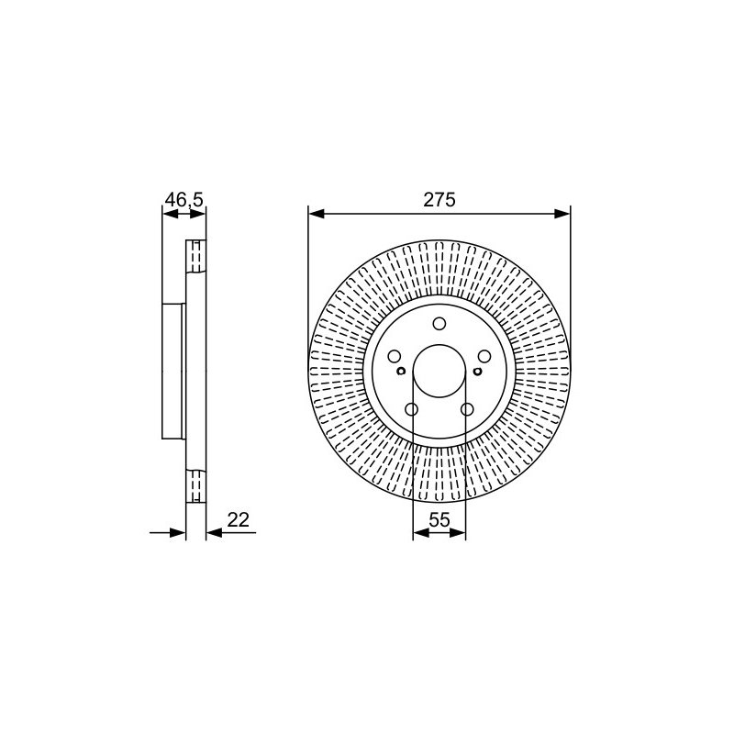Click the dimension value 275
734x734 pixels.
click(x=439, y=200)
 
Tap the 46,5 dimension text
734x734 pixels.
click(x=184, y=200)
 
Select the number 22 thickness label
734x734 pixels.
click(x=239, y=519)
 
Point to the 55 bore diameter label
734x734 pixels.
click(x=439, y=519)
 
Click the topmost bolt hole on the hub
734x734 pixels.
click(x=439, y=324)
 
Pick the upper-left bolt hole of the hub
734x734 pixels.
click(x=395, y=356)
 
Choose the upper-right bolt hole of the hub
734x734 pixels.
click(x=484, y=356)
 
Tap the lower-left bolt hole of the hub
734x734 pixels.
click(x=411, y=409)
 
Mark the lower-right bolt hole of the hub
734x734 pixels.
click(x=467, y=409)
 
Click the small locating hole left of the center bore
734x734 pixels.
click(x=401, y=372)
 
